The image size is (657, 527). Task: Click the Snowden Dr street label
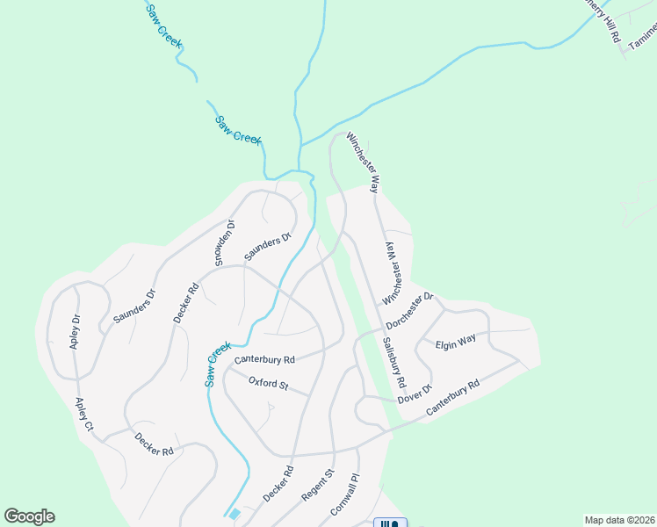[x=225, y=242]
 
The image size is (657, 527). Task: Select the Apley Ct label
[x=84, y=415]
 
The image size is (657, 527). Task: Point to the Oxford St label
[x=268, y=384]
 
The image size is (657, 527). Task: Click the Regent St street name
[x=318, y=485]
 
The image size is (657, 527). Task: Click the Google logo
[x=29, y=516]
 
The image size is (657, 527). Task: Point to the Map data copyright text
[x=619, y=520]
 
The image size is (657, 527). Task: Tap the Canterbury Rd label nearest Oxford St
[x=264, y=359]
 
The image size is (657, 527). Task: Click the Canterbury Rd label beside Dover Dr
[x=452, y=399]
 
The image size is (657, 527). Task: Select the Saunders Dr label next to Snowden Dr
[x=267, y=248]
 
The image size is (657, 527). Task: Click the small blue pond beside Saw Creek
[x=233, y=514]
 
